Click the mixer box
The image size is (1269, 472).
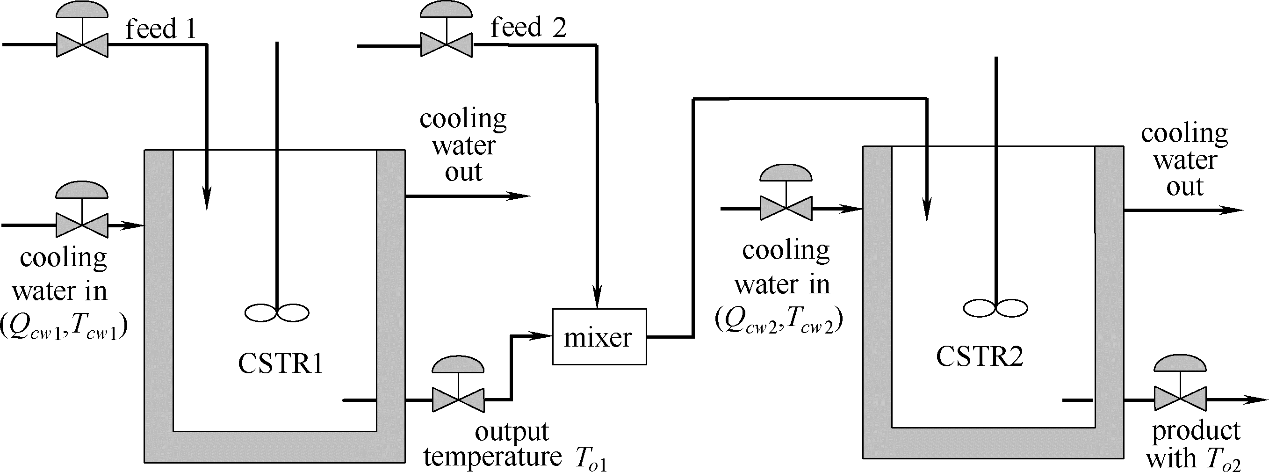[x=599, y=337]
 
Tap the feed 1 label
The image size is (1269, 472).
[x=160, y=29]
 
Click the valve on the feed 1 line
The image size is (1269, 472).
[x=82, y=45]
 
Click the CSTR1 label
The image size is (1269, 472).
[x=280, y=364]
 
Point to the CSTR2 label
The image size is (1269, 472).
[x=979, y=357]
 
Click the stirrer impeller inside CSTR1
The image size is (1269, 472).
[x=277, y=312]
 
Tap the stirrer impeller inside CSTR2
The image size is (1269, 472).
[x=995, y=308]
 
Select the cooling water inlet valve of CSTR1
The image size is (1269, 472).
[x=82, y=225]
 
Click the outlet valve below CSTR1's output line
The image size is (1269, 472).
[x=458, y=399]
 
